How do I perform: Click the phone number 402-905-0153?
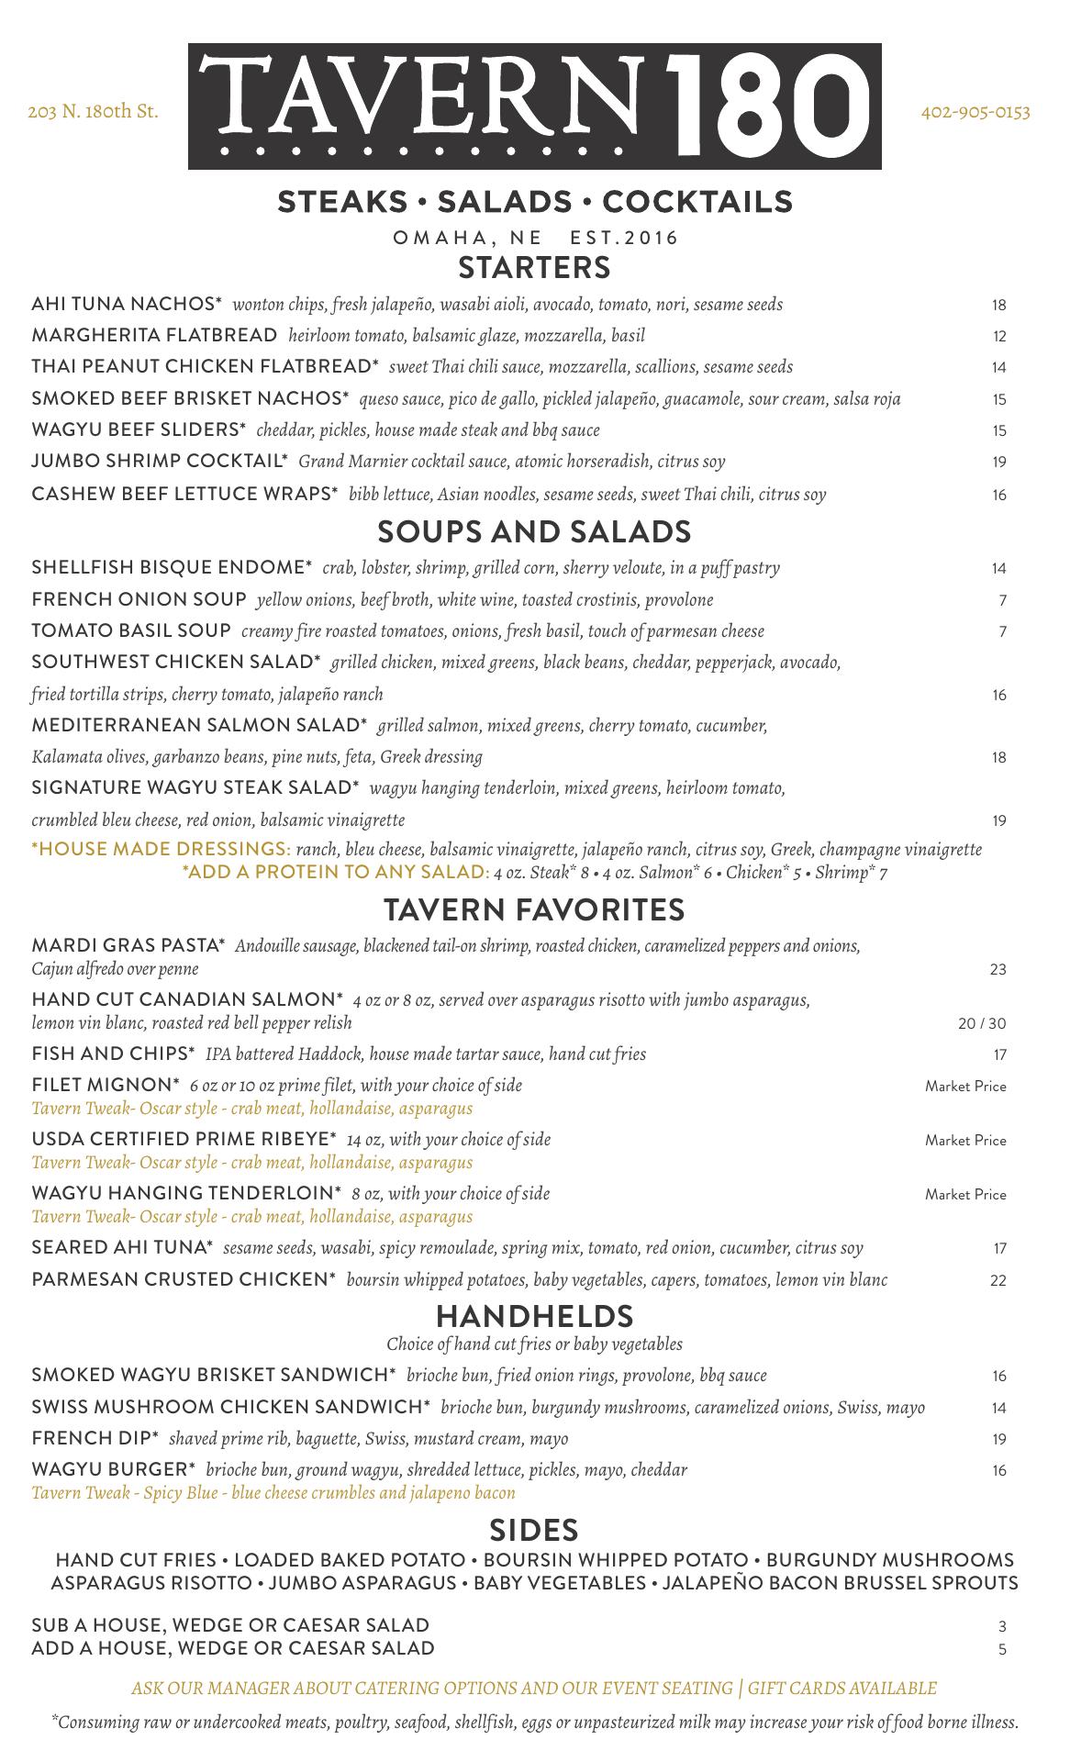click(x=975, y=113)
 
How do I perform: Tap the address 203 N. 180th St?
click(x=93, y=113)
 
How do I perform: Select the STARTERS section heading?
click(x=534, y=267)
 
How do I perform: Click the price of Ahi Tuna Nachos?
click(x=998, y=306)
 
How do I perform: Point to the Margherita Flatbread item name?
click(x=154, y=335)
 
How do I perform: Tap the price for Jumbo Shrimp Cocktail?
click(x=998, y=463)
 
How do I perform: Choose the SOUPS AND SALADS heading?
click(x=534, y=531)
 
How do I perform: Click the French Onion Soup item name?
click(x=139, y=599)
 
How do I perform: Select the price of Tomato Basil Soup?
click(x=1002, y=632)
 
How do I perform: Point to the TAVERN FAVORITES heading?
click(x=534, y=909)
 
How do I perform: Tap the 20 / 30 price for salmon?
click(x=981, y=1023)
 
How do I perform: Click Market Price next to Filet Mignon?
click(x=965, y=1087)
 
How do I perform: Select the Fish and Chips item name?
click(x=113, y=1054)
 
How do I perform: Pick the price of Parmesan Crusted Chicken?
click(x=998, y=1280)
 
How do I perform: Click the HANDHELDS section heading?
click(x=534, y=1316)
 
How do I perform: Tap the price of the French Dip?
click(x=998, y=1439)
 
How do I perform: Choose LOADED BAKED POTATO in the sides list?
click(x=350, y=1560)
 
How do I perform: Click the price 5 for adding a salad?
click(x=1002, y=1649)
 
